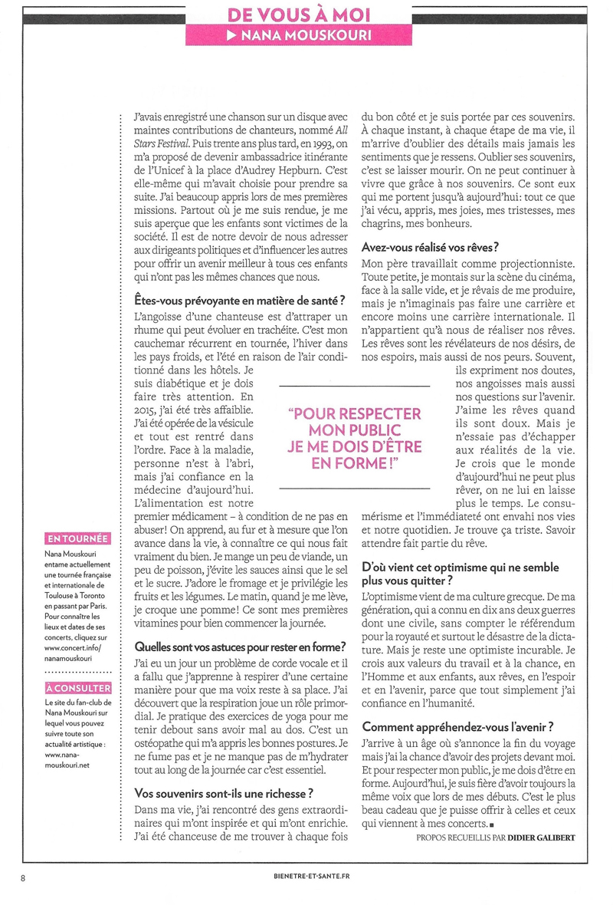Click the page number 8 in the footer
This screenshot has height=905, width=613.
click(24, 877)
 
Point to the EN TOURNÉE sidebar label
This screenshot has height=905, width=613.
click(77, 538)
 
